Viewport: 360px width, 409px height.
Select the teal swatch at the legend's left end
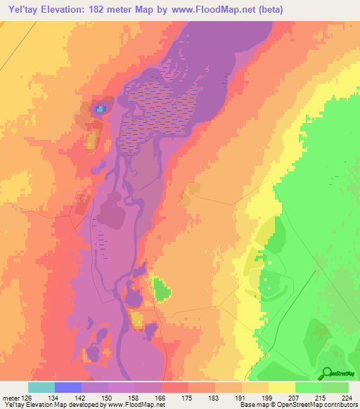click(x=41, y=387)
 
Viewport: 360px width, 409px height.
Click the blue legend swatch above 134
click(x=68, y=387)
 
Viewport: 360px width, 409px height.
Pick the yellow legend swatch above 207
click(x=282, y=387)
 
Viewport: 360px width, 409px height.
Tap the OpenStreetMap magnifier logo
click(x=325, y=373)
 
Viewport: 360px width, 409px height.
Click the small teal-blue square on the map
click(x=101, y=109)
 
